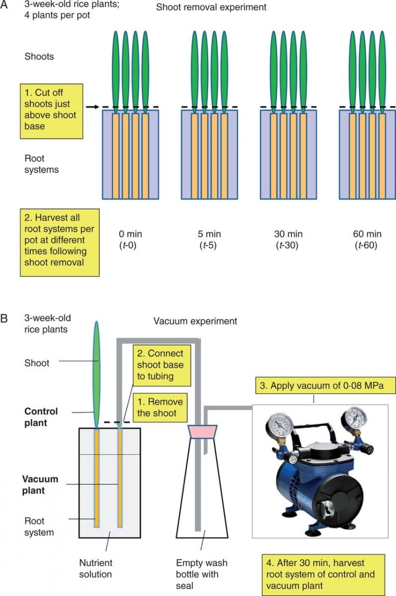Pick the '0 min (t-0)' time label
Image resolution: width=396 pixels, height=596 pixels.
[x=130, y=239]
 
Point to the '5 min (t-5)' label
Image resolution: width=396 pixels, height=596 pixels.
[x=209, y=239]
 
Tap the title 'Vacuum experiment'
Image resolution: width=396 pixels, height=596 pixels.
[x=195, y=321]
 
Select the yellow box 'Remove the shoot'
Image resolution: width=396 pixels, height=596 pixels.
[x=159, y=407]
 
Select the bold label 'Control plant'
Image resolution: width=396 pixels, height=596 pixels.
[x=41, y=417]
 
